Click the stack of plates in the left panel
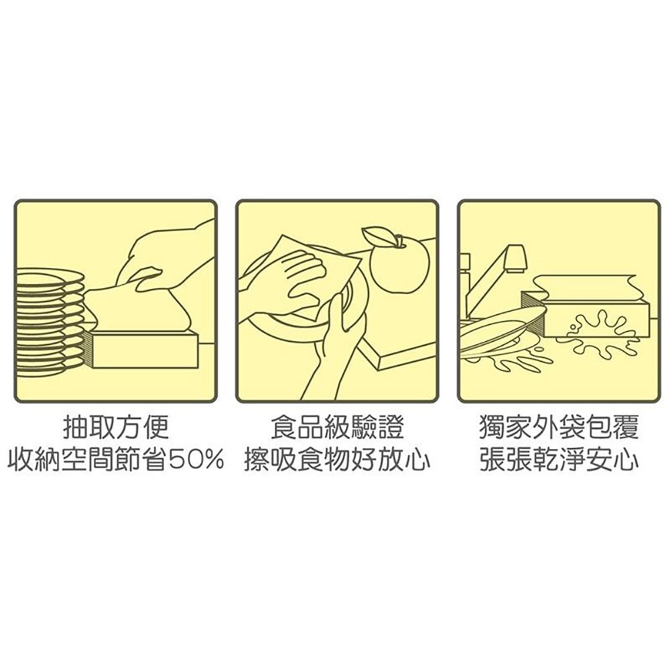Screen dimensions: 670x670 click(50, 322)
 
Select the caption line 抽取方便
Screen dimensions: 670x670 click(116, 427)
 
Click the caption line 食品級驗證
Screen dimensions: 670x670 click(338, 427)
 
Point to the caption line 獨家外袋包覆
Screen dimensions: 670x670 click(559, 427)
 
